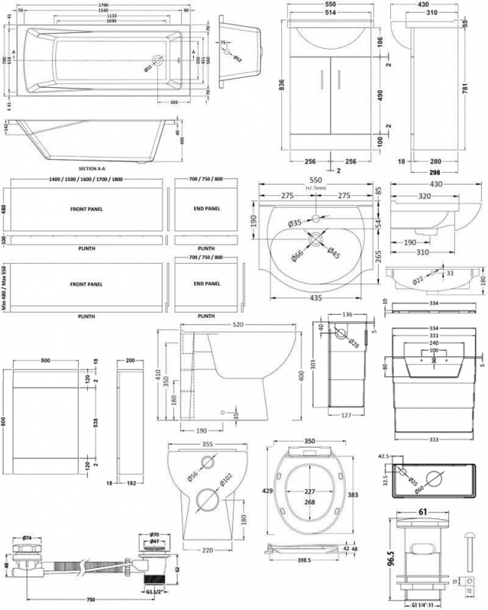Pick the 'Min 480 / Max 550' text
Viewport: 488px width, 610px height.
coord(5,287)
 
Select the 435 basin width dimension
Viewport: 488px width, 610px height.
coord(316,298)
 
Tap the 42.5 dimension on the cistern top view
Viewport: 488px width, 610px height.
coord(383,455)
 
